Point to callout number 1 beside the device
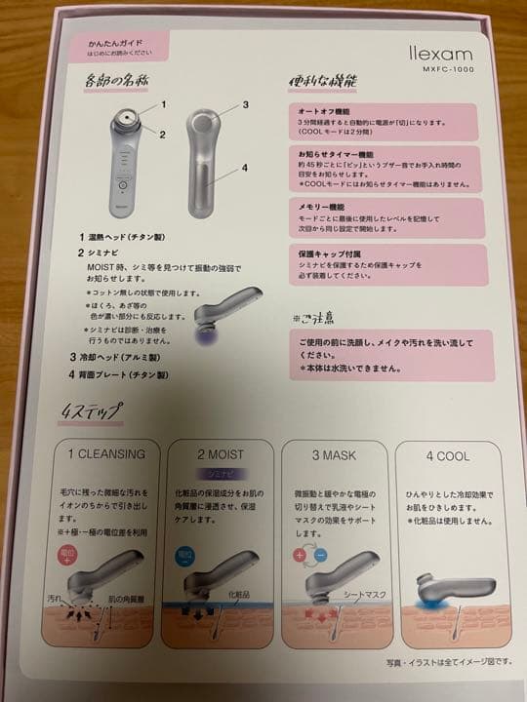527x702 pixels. tap(165, 103)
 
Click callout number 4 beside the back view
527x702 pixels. tap(245, 167)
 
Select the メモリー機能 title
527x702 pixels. tap(316, 208)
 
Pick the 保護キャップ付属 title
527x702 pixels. tap(324, 252)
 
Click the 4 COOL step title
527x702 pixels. tap(447, 453)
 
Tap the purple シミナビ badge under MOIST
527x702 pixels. tap(214, 472)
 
